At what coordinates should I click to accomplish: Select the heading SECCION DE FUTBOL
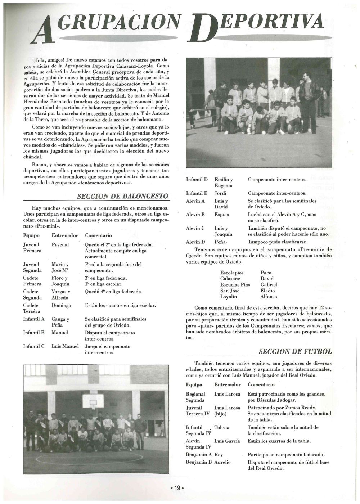coord(295,351)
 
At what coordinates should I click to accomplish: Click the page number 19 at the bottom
coord(177,488)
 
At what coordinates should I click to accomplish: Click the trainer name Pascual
coord(60,245)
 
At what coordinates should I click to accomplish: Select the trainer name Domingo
coord(61,305)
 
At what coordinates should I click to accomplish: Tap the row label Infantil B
coord(34,333)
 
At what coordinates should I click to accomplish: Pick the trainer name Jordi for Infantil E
coord(221,193)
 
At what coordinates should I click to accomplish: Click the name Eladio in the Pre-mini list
coord(267,291)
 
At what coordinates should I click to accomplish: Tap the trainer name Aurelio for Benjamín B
coord(222,462)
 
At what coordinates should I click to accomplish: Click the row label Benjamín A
coord(199,455)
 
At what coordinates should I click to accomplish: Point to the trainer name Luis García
coord(227,441)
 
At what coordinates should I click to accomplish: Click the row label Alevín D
coord(195,242)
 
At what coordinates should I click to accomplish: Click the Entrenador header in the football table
coord(228,385)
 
